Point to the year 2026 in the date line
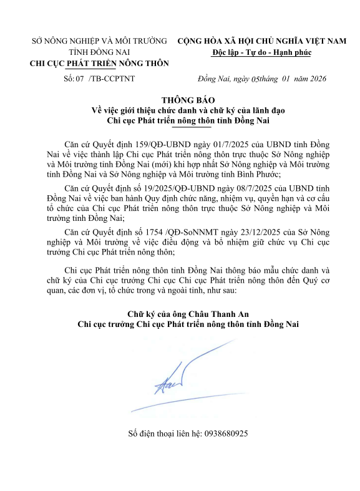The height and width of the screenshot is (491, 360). click(313, 79)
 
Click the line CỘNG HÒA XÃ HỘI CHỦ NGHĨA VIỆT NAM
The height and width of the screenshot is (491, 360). click(261, 41)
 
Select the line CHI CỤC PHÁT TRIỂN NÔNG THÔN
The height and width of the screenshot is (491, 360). click(99, 63)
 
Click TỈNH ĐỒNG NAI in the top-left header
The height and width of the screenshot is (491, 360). click(99, 52)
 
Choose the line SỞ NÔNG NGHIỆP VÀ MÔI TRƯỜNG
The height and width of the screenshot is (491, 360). click(99, 41)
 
